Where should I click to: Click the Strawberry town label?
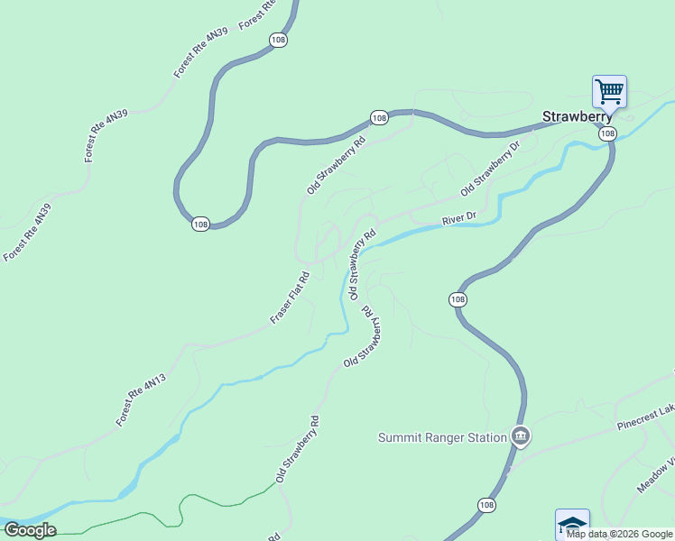click(x=577, y=116)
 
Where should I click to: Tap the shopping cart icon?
click(x=609, y=90)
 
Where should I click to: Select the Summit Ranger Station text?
click(x=441, y=438)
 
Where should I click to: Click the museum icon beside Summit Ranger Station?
click(x=520, y=437)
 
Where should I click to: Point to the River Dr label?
click(x=458, y=219)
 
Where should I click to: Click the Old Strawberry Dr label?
click(x=491, y=169)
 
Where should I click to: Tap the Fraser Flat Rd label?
click(x=291, y=298)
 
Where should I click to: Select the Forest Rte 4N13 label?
click(x=141, y=400)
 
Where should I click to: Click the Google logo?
click(x=29, y=530)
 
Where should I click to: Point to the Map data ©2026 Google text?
click(x=619, y=534)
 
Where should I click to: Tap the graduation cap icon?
click(x=572, y=524)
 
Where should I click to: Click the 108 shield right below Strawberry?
click(x=607, y=133)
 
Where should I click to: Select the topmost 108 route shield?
click(x=278, y=40)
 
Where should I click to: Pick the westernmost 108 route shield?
click(x=200, y=224)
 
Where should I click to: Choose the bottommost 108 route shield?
click(x=487, y=505)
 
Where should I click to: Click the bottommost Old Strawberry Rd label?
click(x=298, y=449)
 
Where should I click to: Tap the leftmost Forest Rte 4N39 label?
click(x=28, y=233)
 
